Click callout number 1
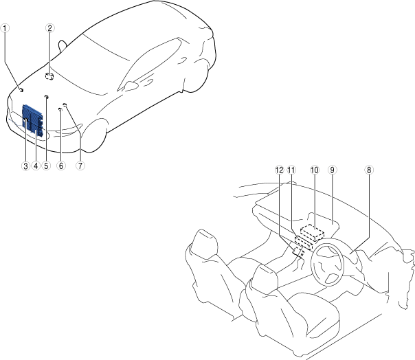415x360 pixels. (5, 28)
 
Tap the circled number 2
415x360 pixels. (49, 28)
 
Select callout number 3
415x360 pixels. (25, 166)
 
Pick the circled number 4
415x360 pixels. (35, 166)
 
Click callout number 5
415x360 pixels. (46, 166)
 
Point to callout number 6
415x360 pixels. (60, 166)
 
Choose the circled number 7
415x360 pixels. (80, 166)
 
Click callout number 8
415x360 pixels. (369, 169)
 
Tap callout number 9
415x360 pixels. (333, 169)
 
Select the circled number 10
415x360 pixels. (315, 169)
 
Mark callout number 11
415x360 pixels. (291, 169)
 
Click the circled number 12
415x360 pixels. (279, 169)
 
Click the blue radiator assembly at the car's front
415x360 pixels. (32, 121)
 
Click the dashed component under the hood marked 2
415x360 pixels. (49, 76)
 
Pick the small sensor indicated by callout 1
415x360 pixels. (21, 90)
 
